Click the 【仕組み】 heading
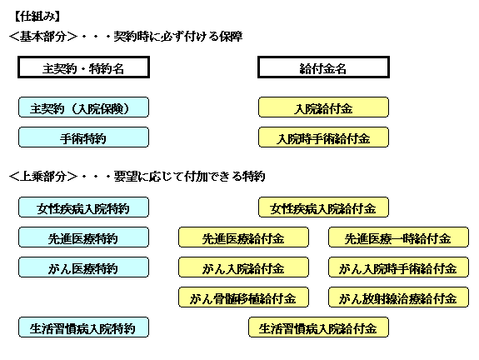point(37,16)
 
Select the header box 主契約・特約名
point(83,67)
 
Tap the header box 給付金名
point(323,67)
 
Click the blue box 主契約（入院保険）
point(83,107)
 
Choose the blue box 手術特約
point(83,137)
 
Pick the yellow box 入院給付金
point(323,107)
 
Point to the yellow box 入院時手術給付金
point(323,137)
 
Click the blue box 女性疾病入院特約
point(83,207)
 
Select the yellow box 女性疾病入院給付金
point(323,207)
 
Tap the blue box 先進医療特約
point(83,237)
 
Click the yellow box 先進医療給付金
point(243,237)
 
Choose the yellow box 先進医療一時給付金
point(398,237)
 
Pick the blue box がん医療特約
point(83,267)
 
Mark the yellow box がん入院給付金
point(243,267)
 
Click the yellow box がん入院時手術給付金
point(398,267)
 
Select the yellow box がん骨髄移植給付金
point(243,297)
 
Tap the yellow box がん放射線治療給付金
point(398,297)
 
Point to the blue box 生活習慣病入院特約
point(83,327)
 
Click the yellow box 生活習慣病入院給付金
point(318,327)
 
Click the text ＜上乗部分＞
point(43,177)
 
